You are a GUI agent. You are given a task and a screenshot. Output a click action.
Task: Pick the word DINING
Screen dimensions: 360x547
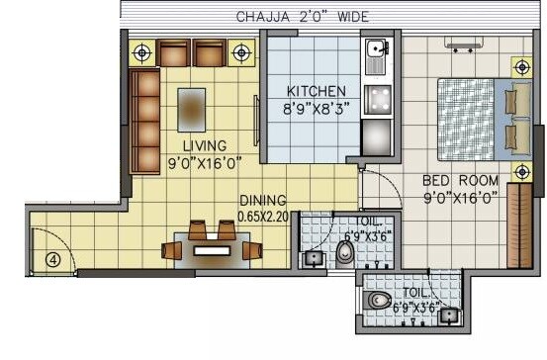[263, 199]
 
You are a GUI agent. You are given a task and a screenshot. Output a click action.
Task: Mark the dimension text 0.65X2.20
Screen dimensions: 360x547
[262, 215]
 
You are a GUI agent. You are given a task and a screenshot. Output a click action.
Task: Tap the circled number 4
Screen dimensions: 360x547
[52, 260]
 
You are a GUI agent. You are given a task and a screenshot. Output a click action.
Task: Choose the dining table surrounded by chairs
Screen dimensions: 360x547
[211, 250]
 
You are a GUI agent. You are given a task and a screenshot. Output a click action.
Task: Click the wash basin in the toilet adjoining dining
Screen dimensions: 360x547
[313, 259]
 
